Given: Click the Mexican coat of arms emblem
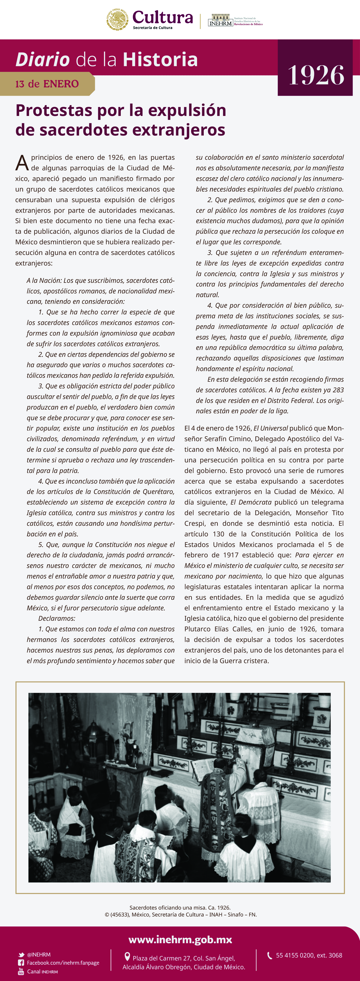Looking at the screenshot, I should (117, 19).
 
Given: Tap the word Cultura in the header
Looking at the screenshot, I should (163, 17).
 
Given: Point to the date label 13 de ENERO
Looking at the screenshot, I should (47, 84).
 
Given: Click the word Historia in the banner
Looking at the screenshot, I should (160, 60).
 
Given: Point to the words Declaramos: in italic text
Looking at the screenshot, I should (57, 618).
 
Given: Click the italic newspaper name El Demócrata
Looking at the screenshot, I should (251, 502).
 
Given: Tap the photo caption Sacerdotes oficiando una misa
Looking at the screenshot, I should (180, 907).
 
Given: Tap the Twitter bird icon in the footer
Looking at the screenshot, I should (21, 955).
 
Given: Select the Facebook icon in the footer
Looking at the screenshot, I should (21, 963).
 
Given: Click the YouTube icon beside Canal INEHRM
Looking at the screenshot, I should (21, 972).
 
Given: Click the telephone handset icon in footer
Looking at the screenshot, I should (269, 955).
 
